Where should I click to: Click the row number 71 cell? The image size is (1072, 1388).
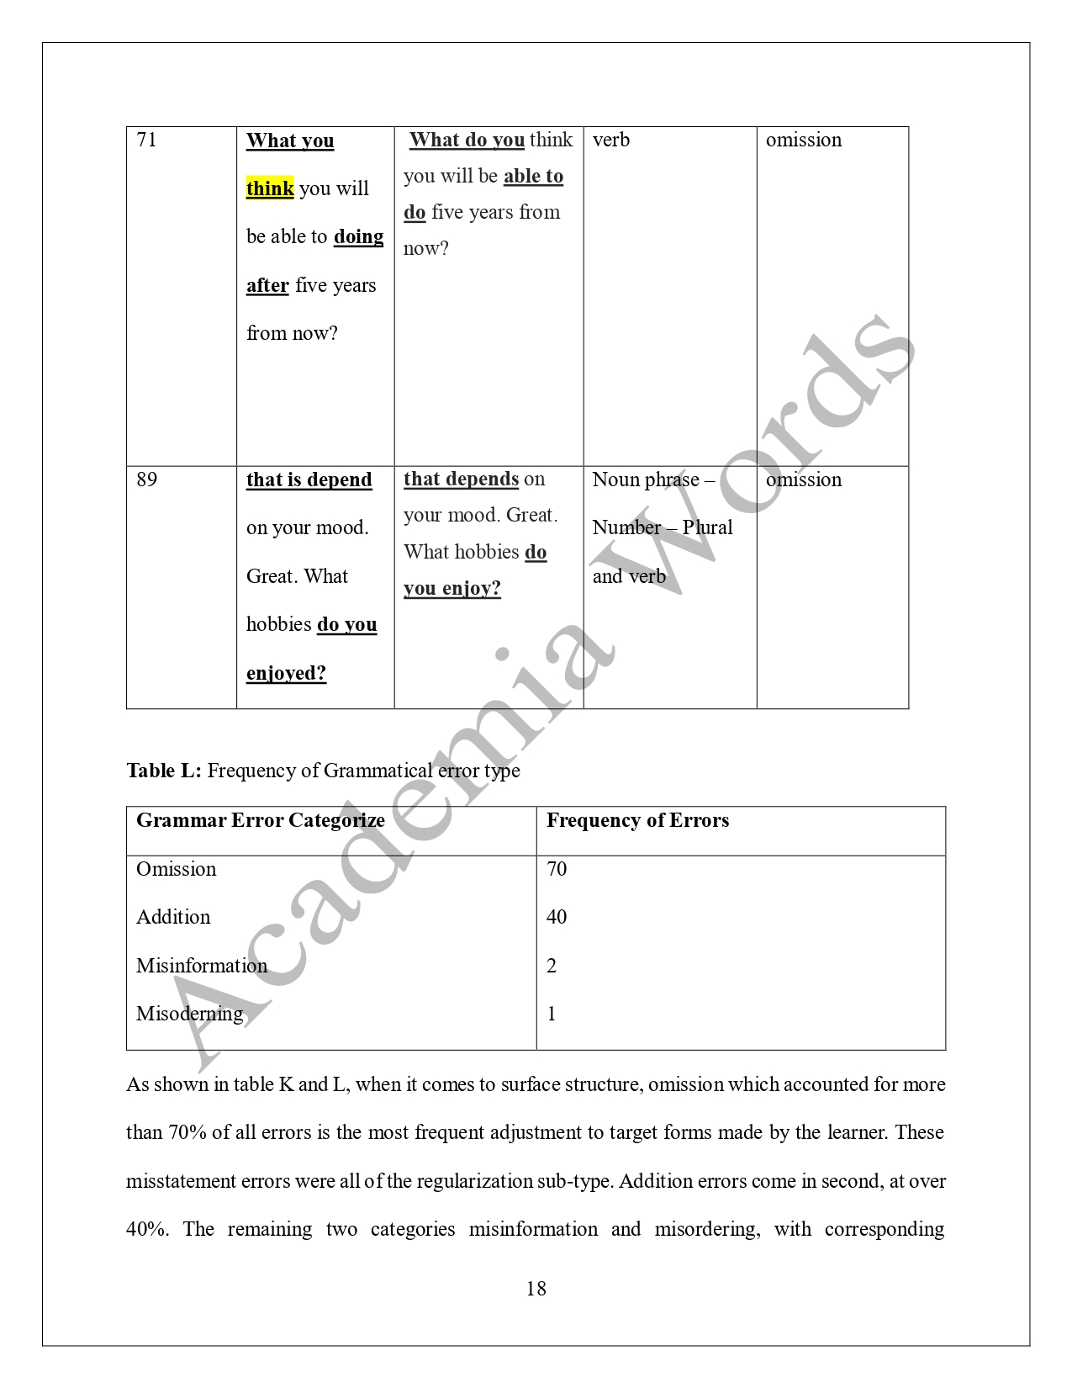click(x=146, y=140)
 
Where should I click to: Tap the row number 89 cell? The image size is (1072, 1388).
click(x=146, y=479)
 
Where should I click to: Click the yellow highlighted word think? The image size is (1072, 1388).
click(x=270, y=188)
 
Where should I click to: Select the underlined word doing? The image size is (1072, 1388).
click(x=358, y=236)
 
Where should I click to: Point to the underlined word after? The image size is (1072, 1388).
click(x=267, y=285)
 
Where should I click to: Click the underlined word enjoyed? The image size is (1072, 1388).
click(x=286, y=673)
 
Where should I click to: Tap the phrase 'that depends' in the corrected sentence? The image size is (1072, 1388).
click(x=461, y=479)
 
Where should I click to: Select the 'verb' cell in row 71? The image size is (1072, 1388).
click(x=611, y=140)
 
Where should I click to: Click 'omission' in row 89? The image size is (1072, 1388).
click(x=803, y=479)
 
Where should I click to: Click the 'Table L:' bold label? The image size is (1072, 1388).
click(x=164, y=771)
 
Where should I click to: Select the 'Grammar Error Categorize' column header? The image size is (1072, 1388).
click(x=261, y=820)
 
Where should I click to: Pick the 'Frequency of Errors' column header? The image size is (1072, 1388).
click(x=637, y=820)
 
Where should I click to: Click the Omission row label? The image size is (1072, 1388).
click(x=176, y=869)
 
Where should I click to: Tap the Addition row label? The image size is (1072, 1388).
click(x=173, y=917)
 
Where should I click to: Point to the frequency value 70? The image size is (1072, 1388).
click(x=557, y=869)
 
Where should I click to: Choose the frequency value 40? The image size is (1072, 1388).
click(x=557, y=917)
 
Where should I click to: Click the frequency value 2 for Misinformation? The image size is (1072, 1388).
click(x=552, y=966)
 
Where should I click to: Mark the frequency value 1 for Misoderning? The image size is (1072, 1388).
click(x=552, y=1014)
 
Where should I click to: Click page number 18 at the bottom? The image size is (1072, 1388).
click(x=536, y=1289)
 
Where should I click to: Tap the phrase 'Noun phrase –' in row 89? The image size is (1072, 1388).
click(x=653, y=479)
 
